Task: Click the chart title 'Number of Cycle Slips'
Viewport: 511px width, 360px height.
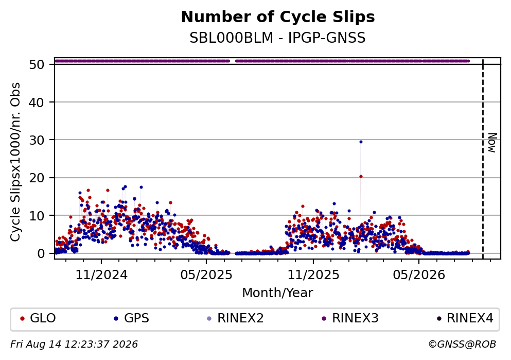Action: click(x=278, y=17)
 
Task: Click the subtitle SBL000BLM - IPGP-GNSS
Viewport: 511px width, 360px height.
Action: click(x=278, y=38)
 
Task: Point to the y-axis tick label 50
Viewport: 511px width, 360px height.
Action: click(x=37, y=64)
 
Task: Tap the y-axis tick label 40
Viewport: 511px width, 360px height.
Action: click(x=37, y=102)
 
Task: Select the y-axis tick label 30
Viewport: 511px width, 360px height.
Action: click(x=37, y=140)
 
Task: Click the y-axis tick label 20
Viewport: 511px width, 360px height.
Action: click(x=37, y=178)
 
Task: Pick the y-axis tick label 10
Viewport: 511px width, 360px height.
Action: click(x=37, y=216)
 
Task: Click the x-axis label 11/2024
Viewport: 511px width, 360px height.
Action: click(x=101, y=275)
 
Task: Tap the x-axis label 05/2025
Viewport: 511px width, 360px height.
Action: click(x=206, y=275)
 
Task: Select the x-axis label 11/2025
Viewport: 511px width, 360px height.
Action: click(x=313, y=275)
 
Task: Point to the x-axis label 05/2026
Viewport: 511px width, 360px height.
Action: click(x=419, y=275)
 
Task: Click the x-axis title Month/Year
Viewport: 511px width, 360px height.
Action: click(x=278, y=293)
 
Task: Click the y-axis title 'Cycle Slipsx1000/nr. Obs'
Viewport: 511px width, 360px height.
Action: click(x=15, y=162)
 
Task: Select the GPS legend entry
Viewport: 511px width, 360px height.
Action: click(x=131, y=318)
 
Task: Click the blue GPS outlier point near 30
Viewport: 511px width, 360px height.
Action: click(x=361, y=142)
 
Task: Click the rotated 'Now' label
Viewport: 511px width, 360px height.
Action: click(x=492, y=143)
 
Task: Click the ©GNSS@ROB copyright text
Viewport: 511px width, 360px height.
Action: click(x=462, y=345)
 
